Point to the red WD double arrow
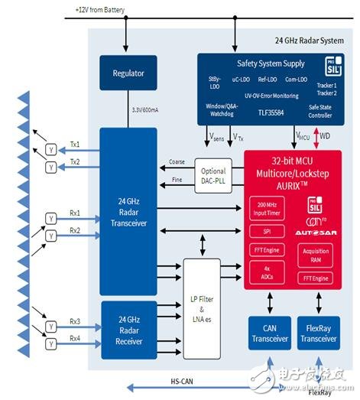(313, 137)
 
